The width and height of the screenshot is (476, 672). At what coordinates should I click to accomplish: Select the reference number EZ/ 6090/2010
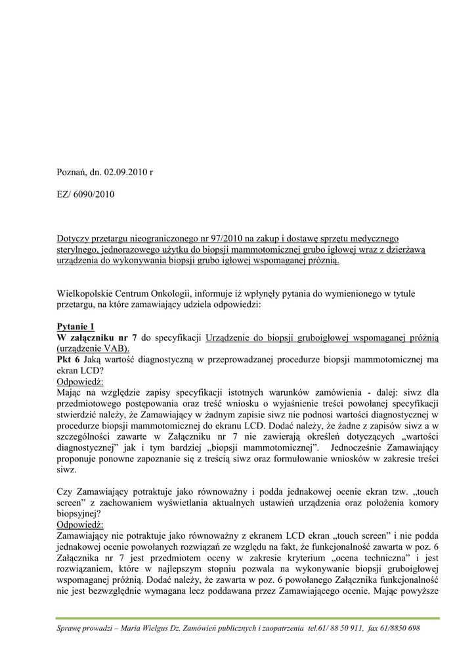click(x=85, y=195)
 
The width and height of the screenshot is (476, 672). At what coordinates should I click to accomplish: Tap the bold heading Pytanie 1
click(x=76, y=326)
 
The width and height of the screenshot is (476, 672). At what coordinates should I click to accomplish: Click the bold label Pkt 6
click(x=68, y=359)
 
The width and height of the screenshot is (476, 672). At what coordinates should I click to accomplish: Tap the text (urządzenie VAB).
click(x=93, y=348)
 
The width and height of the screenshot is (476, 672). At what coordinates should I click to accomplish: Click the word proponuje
click(x=79, y=459)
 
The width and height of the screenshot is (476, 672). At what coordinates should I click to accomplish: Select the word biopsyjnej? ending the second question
click(x=79, y=514)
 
